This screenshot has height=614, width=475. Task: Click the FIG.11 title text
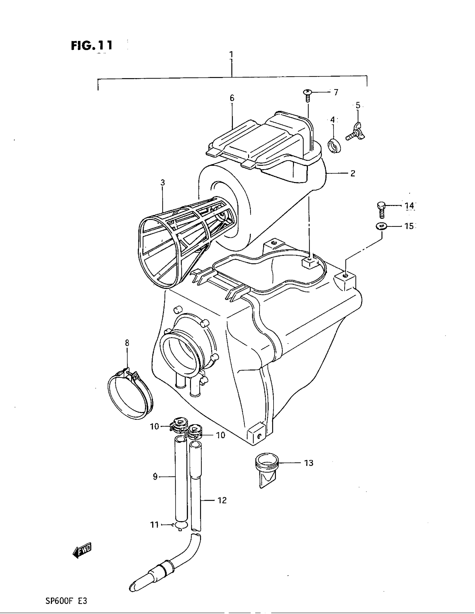pyautogui.click(x=91, y=45)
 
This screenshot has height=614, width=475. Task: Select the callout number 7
pyautogui.click(x=336, y=92)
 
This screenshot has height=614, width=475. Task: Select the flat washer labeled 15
pyautogui.click(x=381, y=226)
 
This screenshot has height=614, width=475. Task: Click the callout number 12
pyautogui.click(x=222, y=500)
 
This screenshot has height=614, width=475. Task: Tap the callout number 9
pyautogui.click(x=155, y=477)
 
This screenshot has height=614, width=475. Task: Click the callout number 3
pyautogui.click(x=163, y=183)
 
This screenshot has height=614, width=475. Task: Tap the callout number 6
pyautogui.click(x=232, y=98)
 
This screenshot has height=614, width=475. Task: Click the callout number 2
pyautogui.click(x=353, y=174)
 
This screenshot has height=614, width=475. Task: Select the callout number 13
pyautogui.click(x=309, y=463)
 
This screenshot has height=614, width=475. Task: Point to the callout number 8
pyautogui.click(x=127, y=343)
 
